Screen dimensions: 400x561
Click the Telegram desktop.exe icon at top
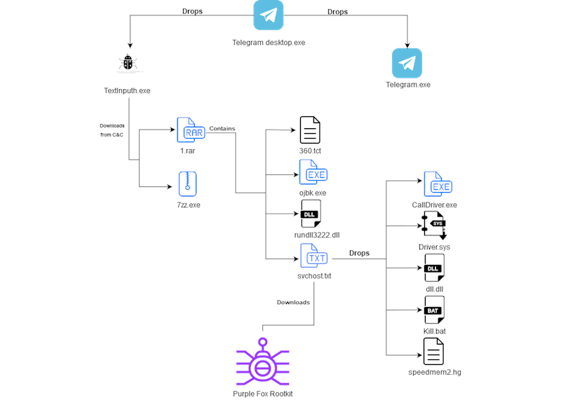(269, 15)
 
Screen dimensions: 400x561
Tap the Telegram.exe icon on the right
(407, 63)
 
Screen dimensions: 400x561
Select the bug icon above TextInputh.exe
(128, 64)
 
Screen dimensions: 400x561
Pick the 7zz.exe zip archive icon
(187, 184)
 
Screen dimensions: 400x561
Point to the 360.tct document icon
(309, 130)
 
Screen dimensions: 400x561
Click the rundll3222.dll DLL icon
(311, 214)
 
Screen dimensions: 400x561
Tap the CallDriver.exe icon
(438, 185)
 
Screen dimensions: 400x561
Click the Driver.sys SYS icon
(434, 226)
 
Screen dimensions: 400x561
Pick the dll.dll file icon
(434, 268)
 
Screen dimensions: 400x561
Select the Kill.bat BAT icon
(434, 310)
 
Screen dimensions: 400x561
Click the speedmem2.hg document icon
(433, 351)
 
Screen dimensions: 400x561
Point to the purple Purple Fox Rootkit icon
(262, 361)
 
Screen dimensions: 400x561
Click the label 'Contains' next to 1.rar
(222, 128)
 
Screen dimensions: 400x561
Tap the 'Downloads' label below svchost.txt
(293, 303)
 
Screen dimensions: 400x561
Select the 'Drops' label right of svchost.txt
(359, 253)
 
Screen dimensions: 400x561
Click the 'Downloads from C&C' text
(112, 130)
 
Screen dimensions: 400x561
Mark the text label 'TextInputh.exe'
(127, 90)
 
